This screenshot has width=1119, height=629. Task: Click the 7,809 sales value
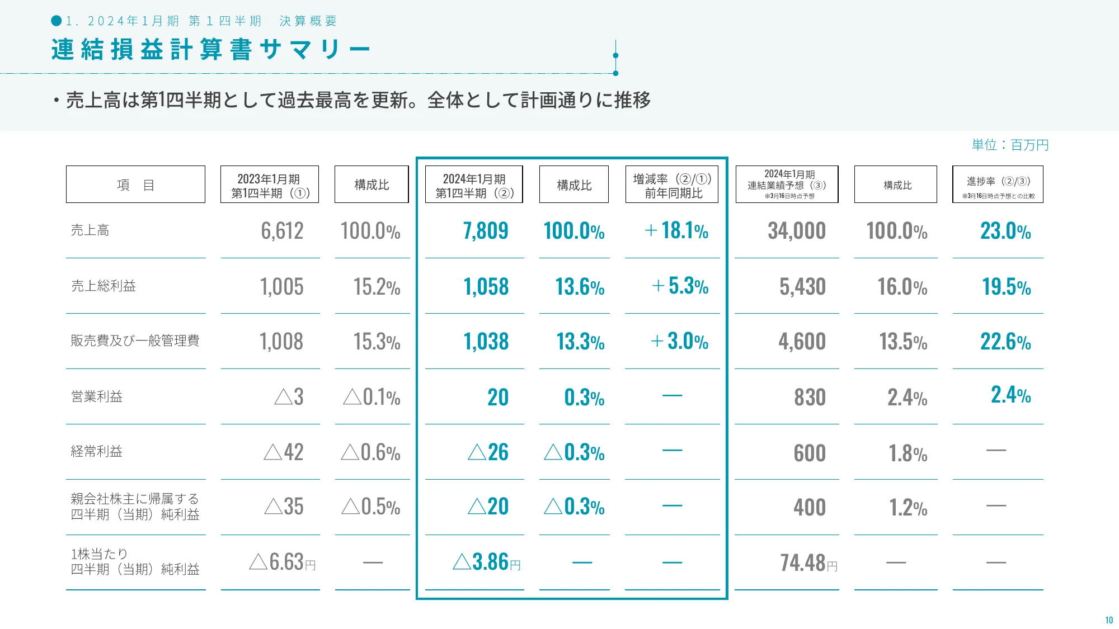click(485, 231)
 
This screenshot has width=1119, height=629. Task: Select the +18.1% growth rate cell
click(676, 231)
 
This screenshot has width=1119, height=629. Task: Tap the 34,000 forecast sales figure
click(796, 231)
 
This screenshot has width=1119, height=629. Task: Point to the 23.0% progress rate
click(1005, 231)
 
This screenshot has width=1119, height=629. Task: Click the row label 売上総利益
click(104, 286)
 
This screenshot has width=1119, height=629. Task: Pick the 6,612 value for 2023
click(282, 231)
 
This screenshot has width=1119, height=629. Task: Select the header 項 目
click(135, 185)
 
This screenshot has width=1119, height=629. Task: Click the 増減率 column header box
click(671, 185)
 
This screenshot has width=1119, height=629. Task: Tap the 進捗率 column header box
click(998, 185)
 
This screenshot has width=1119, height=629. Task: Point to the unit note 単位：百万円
click(1010, 145)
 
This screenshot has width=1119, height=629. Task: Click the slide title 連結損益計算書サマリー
click(210, 50)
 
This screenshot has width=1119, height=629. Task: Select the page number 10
click(1108, 620)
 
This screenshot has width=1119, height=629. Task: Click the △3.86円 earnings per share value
click(486, 562)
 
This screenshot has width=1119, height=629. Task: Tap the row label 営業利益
click(97, 397)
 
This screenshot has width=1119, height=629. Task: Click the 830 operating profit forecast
click(810, 398)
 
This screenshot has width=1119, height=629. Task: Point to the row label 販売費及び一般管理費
click(135, 341)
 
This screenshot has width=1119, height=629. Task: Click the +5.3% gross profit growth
click(680, 286)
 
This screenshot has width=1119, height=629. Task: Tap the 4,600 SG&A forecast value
click(802, 342)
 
